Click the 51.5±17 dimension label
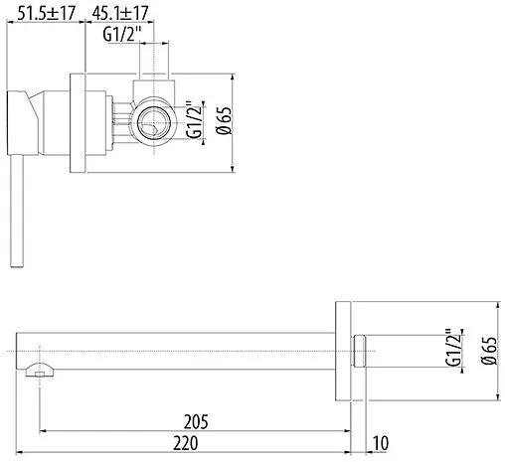(x=46, y=13)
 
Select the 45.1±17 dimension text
(x=120, y=13)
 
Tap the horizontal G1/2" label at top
(x=122, y=34)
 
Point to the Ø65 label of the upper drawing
(x=224, y=120)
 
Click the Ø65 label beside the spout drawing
(x=489, y=351)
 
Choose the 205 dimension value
(x=196, y=421)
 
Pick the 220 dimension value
(x=186, y=443)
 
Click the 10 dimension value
(x=381, y=443)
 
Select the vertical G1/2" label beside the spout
(x=453, y=348)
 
